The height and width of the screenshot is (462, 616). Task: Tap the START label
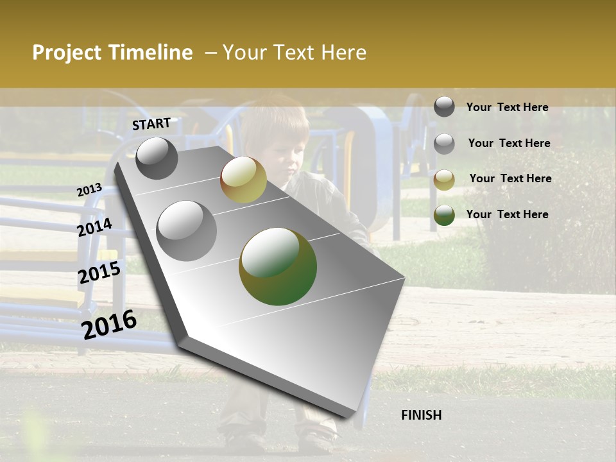click(151, 124)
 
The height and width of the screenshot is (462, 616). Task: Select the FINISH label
click(422, 415)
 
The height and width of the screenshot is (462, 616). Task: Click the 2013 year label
click(89, 190)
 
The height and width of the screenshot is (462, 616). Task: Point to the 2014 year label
click(94, 227)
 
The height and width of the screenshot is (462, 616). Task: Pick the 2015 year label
click(99, 273)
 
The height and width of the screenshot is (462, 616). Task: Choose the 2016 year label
click(109, 325)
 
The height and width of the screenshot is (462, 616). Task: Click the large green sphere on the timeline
click(278, 266)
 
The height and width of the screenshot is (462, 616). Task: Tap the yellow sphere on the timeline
click(243, 180)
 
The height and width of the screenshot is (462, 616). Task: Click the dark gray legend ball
click(444, 107)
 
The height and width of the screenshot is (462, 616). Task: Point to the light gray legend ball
click(444, 144)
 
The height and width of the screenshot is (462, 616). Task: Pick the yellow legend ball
click(444, 180)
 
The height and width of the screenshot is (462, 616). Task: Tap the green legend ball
click(444, 216)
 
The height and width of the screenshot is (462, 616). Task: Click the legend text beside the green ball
click(507, 214)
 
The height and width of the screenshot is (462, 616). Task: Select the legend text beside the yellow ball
click(510, 178)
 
